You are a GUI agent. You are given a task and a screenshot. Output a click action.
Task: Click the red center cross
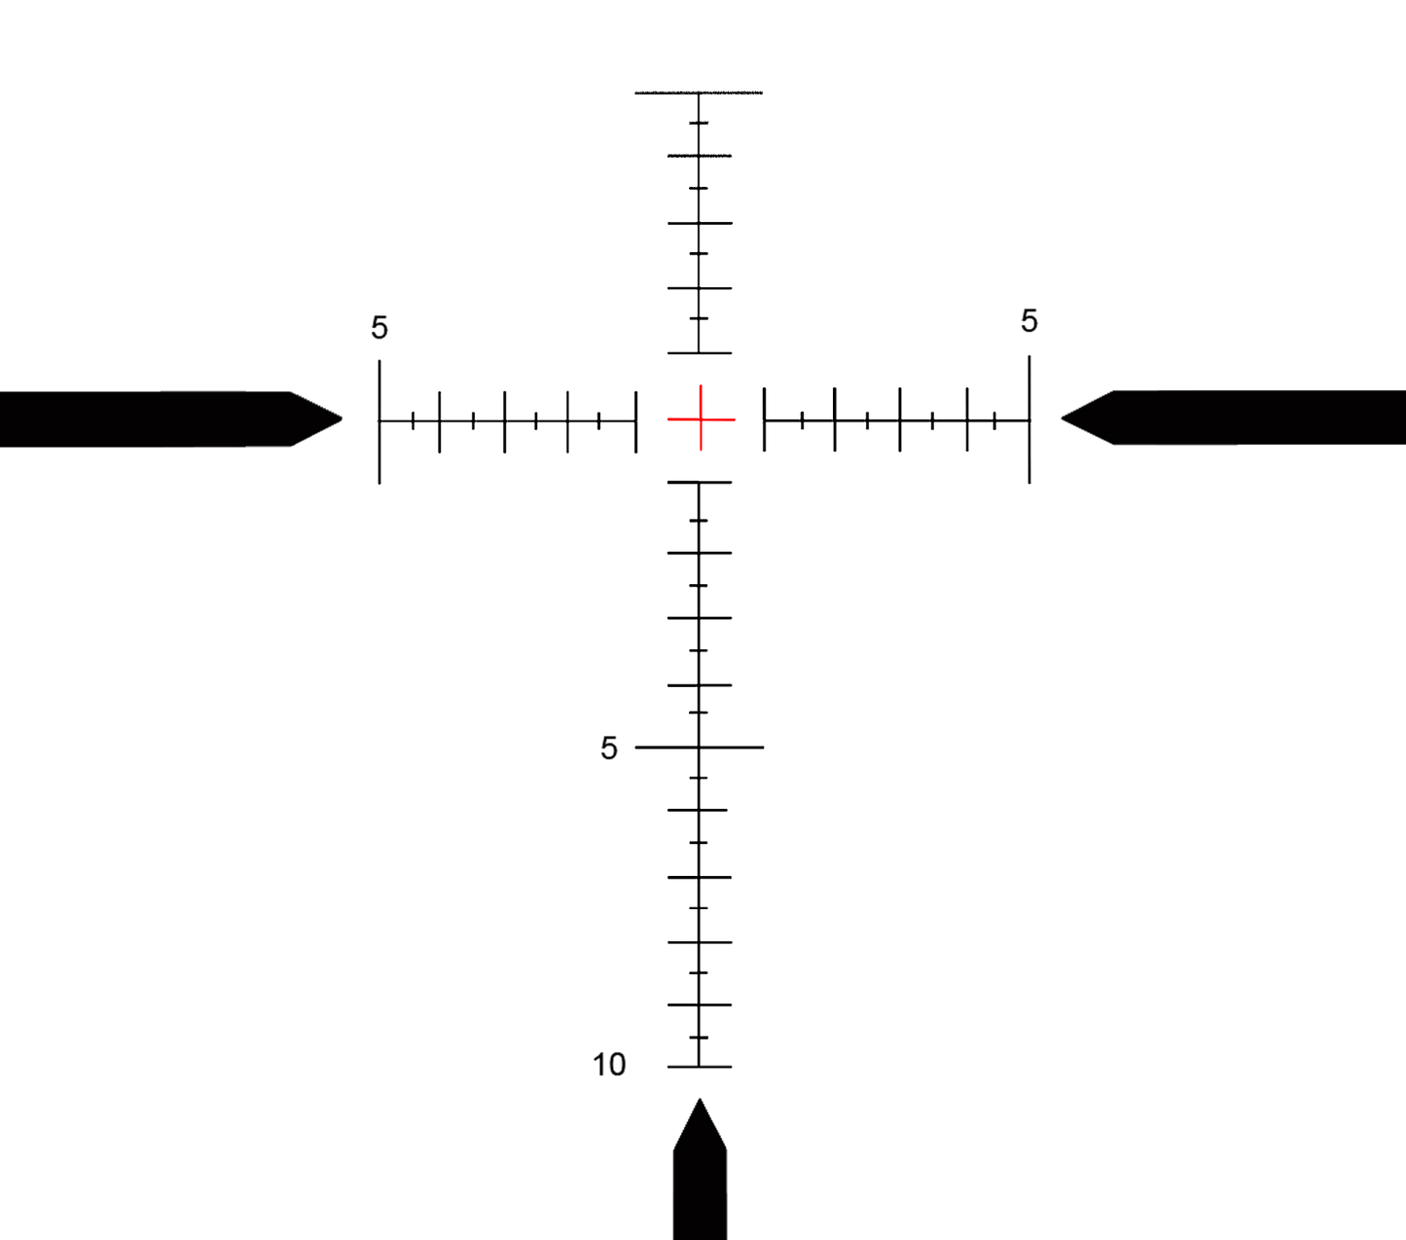coord(700,419)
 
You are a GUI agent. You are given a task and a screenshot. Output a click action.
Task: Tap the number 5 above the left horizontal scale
coord(379,328)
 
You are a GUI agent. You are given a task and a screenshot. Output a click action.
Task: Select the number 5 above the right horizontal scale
coord(1029,320)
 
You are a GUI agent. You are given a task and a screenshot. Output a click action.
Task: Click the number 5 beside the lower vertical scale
coord(608,748)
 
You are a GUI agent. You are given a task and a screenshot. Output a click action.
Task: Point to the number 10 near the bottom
coord(609,1065)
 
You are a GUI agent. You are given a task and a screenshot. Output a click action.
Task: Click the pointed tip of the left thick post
coord(342,419)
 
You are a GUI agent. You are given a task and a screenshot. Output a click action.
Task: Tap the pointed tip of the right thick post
coord(1062,418)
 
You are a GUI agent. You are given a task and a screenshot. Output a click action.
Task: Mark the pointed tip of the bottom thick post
coord(699,1099)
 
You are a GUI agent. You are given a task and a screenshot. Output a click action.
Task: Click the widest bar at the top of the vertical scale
coord(699,93)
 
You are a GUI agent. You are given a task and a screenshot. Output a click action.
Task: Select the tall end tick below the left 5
coord(379,420)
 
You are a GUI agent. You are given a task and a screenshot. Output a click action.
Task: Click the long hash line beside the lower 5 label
coord(699,748)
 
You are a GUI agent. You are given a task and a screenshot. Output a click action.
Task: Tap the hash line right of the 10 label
coord(699,1067)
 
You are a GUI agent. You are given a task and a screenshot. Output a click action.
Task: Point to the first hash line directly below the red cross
coord(699,483)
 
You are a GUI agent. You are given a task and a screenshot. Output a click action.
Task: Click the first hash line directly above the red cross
coord(699,353)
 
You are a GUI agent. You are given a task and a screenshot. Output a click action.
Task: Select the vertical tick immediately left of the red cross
coord(636,420)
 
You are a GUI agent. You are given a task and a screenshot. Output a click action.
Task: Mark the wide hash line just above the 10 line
coord(699,1003)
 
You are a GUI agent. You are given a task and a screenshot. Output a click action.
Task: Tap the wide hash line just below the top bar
coord(699,155)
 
